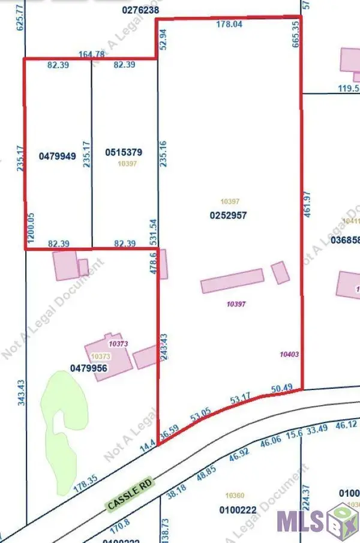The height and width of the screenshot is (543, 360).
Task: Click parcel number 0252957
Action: point(227,214)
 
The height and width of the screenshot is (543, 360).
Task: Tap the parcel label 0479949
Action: point(57,156)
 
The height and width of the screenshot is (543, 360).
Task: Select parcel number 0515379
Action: point(123,152)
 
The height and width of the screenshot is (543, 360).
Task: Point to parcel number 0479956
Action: point(88,368)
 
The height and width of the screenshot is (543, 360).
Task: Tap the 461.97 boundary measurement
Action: point(307,204)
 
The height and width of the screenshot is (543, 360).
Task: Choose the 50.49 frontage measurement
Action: point(281,388)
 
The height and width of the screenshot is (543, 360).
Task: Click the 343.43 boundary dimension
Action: point(21,393)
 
